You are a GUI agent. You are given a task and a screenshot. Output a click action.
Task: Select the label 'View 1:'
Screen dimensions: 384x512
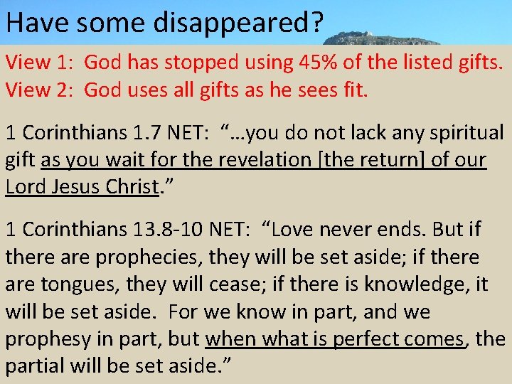pos(40,62)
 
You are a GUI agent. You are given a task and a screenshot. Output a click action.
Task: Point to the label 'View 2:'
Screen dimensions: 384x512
pos(40,90)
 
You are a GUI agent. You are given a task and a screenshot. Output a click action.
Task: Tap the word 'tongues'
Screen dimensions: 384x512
pos(77,284)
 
